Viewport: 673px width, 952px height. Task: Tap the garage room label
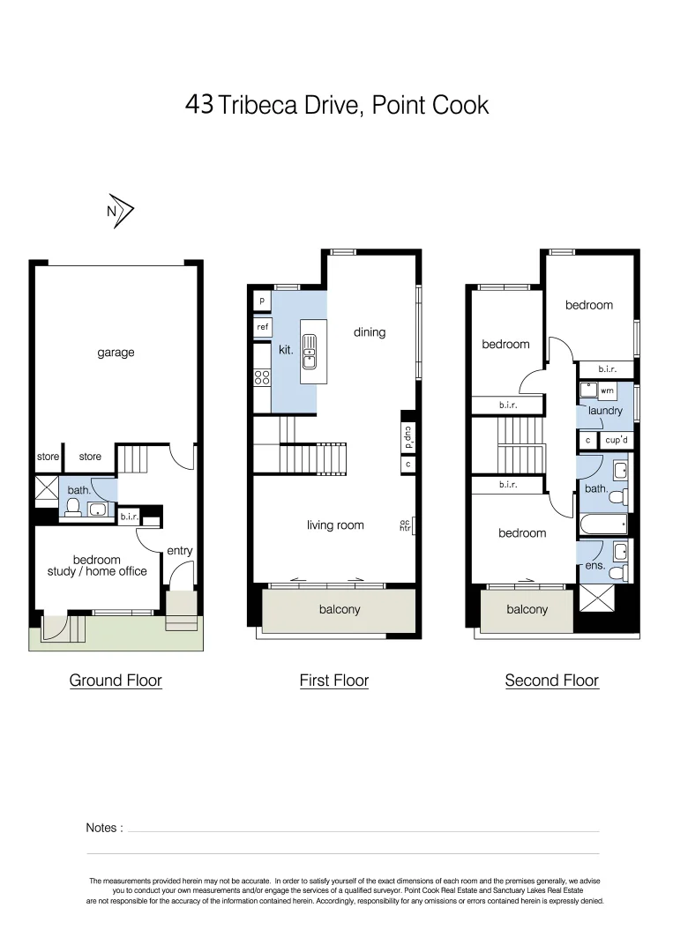point(116,353)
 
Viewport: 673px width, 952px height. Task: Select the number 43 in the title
point(198,105)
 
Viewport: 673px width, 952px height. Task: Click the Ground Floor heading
point(116,681)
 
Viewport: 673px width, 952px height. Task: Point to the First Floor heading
point(333,681)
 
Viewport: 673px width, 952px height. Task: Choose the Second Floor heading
point(551,681)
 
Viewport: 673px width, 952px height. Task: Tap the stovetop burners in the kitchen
point(262,377)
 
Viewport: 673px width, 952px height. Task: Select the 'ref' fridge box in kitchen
point(262,327)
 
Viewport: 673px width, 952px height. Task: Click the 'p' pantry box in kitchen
point(262,301)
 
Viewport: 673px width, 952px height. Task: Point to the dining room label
point(370,332)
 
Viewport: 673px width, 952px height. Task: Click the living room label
point(335,525)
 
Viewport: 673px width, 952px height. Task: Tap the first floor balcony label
point(340,609)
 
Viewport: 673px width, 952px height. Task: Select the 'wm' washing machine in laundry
point(607,390)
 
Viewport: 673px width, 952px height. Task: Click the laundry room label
point(605,411)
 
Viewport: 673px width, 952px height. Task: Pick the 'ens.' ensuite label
point(594,566)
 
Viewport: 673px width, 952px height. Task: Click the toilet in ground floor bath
point(74,507)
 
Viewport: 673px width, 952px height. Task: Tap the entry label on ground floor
point(179,551)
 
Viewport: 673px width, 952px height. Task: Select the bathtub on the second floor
point(604,526)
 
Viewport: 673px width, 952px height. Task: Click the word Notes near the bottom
point(104,828)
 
